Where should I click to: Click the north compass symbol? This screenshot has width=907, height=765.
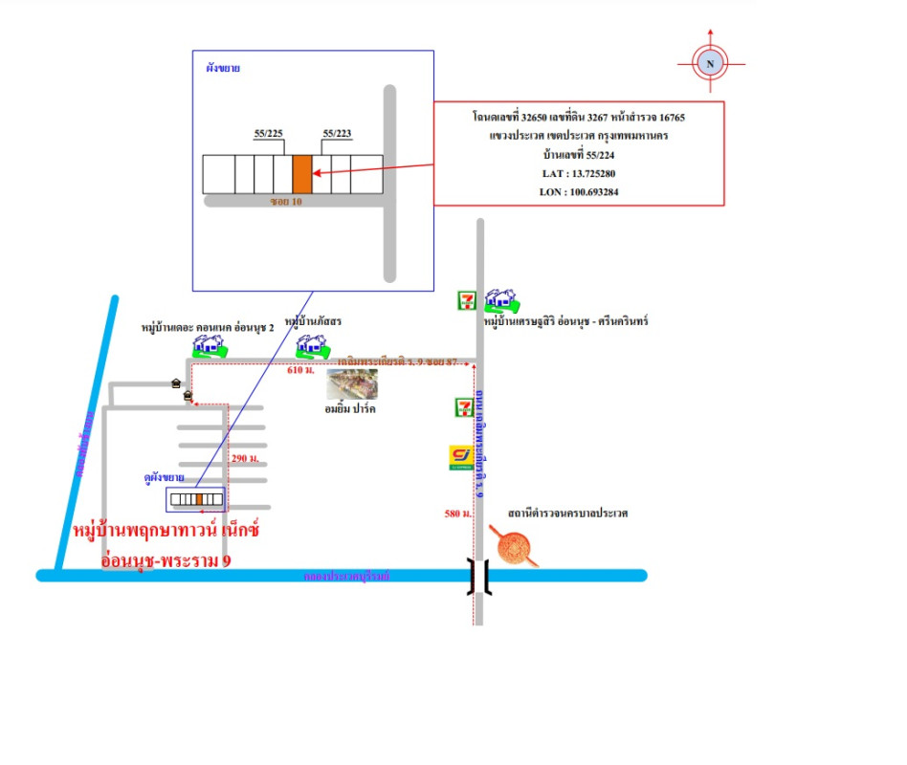click(x=710, y=64)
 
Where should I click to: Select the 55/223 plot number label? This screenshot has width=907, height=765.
click(x=338, y=133)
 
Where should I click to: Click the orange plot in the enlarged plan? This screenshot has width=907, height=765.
click(x=302, y=174)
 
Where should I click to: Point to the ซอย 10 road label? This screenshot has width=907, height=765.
click(x=286, y=203)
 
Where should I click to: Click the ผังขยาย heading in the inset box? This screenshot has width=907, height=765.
click(x=223, y=69)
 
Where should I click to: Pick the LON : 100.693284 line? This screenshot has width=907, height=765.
click(x=579, y=191)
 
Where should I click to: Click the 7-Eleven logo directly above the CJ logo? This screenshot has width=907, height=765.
click(x=463, y=407)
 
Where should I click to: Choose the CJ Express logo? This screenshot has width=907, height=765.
click(x=462, y=458)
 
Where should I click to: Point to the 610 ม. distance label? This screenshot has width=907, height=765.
click(x=301, y=369)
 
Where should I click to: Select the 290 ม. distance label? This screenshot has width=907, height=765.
click(x=246, y=459)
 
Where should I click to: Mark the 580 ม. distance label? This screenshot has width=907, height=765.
click(x=458, y=514)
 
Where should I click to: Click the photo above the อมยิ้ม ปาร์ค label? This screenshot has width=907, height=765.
click(x=352, y=383)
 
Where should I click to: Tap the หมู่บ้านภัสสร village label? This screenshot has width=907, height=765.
click(x=314, y=321)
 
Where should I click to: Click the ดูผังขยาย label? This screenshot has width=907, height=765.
click(x=164, y=477)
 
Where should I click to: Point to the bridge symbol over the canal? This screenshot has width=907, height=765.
click(x=478, y=576)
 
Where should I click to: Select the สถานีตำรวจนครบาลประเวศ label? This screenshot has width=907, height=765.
click(x=562, y=514)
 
